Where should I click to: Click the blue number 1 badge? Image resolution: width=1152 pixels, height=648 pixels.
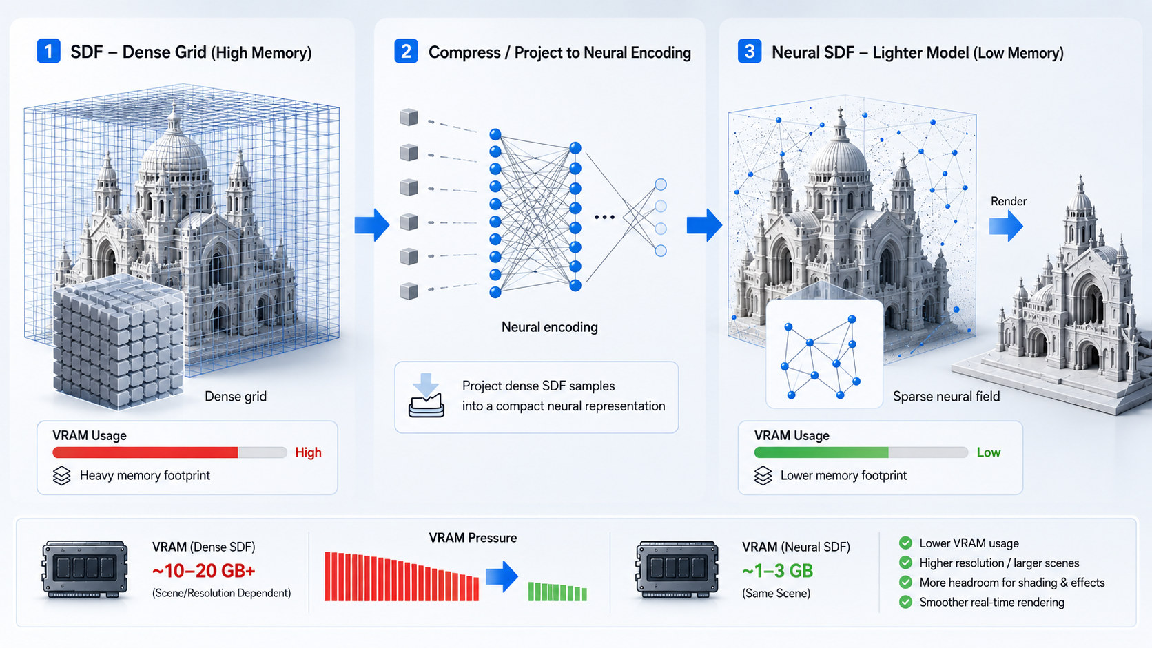tap(48, 52)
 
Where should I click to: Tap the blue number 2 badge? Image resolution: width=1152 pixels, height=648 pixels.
tap(406, 52)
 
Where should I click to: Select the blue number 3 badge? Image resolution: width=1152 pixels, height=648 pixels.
tap(750, 52)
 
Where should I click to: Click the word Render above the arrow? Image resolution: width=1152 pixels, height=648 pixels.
tap(1009, 201)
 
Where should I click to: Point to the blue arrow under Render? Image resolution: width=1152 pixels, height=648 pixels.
tap(1006, 226)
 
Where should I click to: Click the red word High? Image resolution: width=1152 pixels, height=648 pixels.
tap(308, 452)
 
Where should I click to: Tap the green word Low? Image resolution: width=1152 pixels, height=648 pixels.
tap(989, 452)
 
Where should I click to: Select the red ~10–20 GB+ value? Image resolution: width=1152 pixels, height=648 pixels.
tap(204, 570)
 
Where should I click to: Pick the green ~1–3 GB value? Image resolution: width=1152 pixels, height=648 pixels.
tap(777, 570)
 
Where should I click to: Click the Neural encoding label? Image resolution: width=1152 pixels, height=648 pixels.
tap(549, 327)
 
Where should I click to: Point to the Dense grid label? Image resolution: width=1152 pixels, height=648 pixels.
tap(236, 396)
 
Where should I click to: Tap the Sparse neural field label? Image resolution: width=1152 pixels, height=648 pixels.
tap(946, 396)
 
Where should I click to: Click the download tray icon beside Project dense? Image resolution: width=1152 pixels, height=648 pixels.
tap(426, 396)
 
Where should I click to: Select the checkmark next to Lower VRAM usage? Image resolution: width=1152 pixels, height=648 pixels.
tap(905, 543)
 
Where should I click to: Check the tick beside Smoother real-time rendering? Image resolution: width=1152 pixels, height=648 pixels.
tap(905, 602)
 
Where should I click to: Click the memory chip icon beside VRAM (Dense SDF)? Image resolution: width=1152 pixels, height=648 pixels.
tap(85, 569)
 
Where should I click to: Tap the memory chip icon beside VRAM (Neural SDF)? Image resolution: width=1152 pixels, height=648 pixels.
tap(677, 569)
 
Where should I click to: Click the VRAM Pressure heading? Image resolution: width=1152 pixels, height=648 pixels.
tap(473, 538)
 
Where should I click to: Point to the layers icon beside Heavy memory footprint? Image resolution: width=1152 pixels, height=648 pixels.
tap(62, 475)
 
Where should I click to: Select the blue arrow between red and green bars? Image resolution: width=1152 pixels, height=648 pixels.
tap(502, 576)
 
